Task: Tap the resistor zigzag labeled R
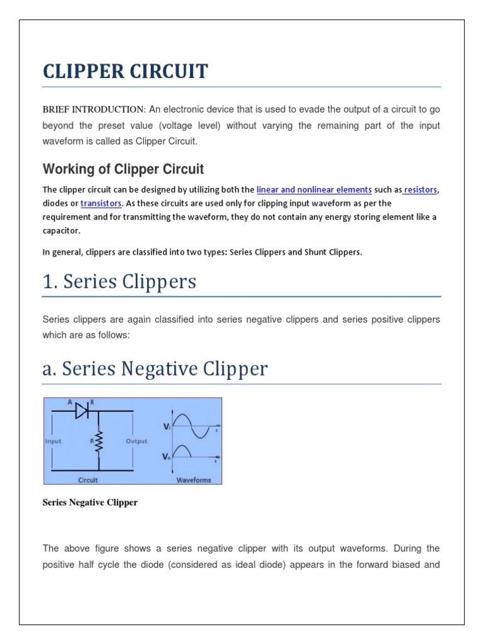99,441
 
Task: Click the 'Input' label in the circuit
53,441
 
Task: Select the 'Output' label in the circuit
136,441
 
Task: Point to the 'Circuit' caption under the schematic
88,480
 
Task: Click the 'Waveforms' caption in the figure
193,480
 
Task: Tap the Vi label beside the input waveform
167,426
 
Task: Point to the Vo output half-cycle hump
183,451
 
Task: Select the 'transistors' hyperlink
101,203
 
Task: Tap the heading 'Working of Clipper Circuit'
123,169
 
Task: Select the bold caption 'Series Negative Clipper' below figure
90,502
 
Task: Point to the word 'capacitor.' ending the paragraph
62,231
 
